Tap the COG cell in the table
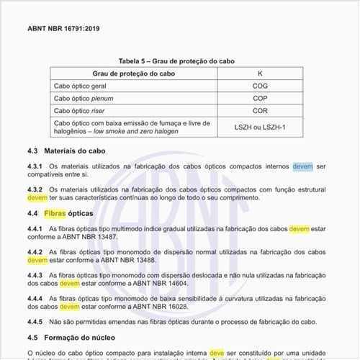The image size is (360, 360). (261, 86)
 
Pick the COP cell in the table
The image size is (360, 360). (261, 98)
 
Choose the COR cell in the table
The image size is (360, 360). (261, 111)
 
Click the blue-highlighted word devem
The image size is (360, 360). (302, 166)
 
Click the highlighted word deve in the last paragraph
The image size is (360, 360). (217, 353)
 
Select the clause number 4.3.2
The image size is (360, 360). (37, 189)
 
